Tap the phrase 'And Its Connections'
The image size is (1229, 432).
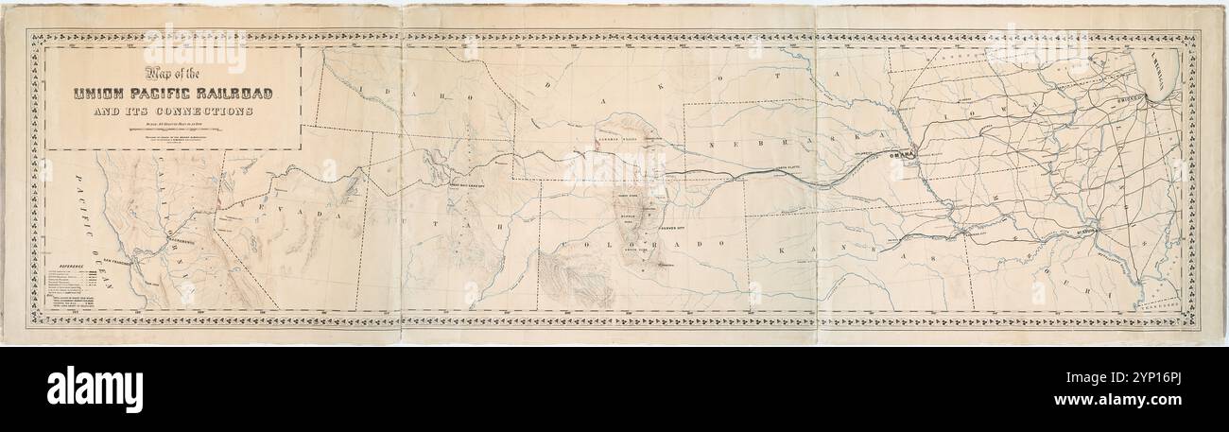pyautogui.click(x=166, y=111)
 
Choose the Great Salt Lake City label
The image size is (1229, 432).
pyautogui.click(x=472, y=185)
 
